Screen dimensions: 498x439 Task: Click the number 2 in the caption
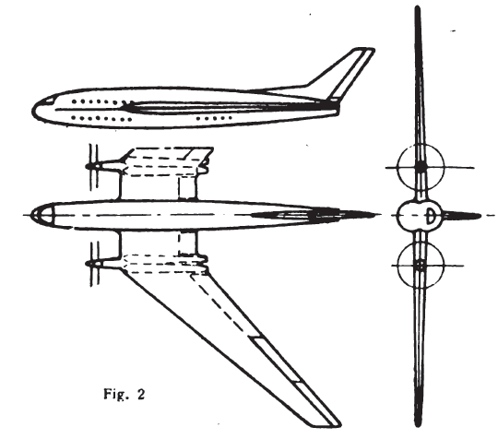pos(141,394)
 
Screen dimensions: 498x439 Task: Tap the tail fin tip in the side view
pos(366,50)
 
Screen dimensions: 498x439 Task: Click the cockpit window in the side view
pos(49,101)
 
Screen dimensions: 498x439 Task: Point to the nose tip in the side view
pos(32,111)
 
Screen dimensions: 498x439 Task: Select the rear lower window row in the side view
pos(214,118)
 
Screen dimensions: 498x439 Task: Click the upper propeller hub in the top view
pos(94,166)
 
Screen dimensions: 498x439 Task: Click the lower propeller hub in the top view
pos(94,264)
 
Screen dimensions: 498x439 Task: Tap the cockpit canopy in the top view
pos(42,215)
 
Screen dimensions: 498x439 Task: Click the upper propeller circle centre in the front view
pos(421,168)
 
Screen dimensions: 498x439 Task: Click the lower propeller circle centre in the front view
pos(421,266)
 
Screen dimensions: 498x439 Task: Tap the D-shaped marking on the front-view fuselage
pos(431,216)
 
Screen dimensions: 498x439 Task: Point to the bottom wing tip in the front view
pos(419,424)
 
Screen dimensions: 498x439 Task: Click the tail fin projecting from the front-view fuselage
pos(462,216)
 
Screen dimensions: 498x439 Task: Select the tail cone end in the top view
pos(378,215)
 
